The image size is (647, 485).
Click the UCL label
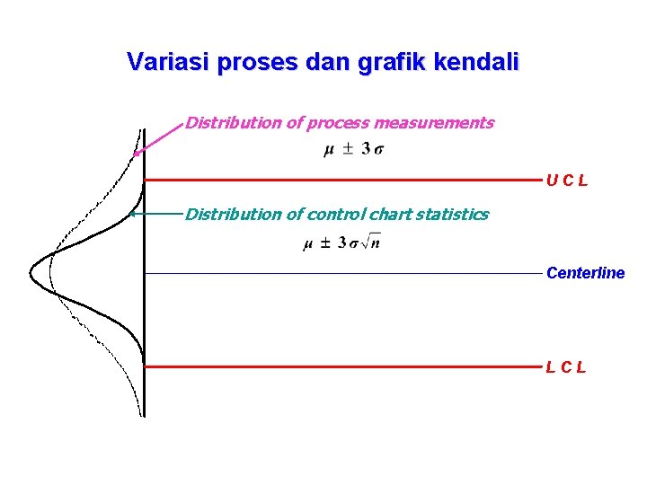click(x=566, y=181)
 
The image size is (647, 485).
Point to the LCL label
click(x=566, y=366)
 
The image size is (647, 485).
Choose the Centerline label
click(x=585, y=273)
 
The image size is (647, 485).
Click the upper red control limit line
click(x=341, y=181)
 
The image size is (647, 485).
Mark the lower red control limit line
click(x=341, y=366)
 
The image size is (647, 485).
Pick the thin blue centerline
click(x=341, y=272)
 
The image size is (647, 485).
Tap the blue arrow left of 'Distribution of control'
click(x=155, y=214)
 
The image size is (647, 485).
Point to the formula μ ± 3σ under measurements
click(x=353, y=149)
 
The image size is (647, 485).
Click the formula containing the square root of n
click(x=341, y=242)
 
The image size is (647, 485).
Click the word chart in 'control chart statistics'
click(x=392, y=214)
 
